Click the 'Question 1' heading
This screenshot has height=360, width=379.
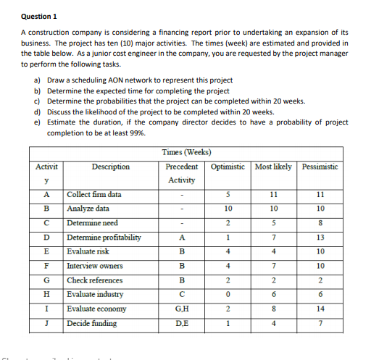[39, 15]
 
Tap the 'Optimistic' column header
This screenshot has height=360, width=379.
[228, 167]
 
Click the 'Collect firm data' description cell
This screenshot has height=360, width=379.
[94, 194]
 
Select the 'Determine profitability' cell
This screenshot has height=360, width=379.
[104, 237]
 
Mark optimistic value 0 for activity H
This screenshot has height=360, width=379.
[228, 294]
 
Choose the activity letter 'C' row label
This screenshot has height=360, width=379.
[46, 223]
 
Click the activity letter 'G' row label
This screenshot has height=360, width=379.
[46, 280]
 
